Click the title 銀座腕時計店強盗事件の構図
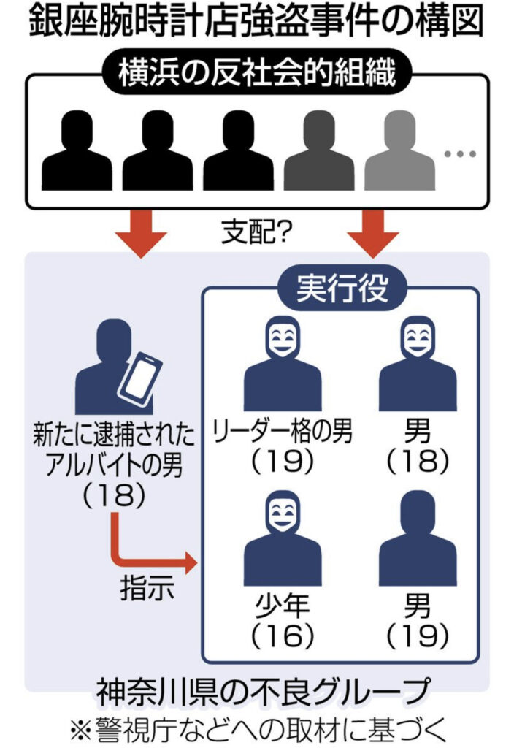[257, 22]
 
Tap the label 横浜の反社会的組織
[256, 73]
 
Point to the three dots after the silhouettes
[460, 154]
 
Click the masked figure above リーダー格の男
[282, 369]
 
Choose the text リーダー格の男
[283, 432]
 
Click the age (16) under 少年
[282, 636]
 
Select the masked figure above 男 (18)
[417, 369]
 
